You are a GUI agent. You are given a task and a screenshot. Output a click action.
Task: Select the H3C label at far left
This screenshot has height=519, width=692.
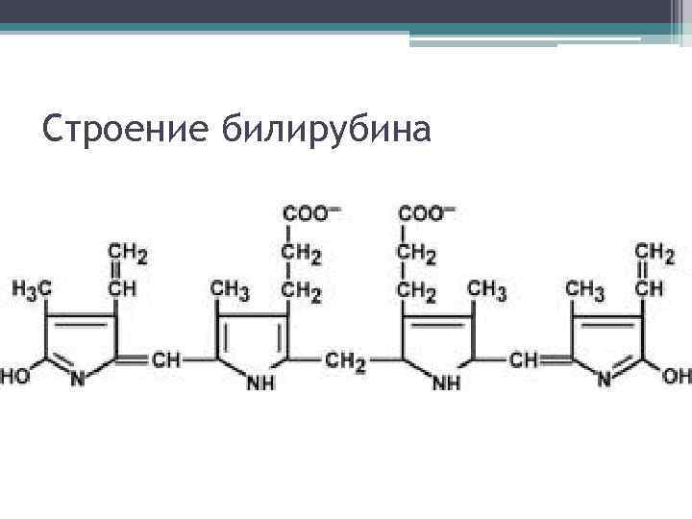tap(32, 288)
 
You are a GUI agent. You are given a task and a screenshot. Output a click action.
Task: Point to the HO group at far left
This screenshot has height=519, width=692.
tap(18, 378)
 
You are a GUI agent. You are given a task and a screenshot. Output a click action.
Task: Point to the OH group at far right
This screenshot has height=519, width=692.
tap(677, 376)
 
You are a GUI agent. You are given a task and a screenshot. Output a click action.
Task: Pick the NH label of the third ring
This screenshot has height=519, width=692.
tap(448, 383)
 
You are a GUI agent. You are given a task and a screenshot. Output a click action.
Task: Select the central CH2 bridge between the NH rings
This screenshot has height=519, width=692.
tap(345, 360)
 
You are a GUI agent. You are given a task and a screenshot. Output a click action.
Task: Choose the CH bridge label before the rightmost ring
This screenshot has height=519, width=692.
tap(526, 360)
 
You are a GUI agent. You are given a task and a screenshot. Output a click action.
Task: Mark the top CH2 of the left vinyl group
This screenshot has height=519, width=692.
tap(128, 254)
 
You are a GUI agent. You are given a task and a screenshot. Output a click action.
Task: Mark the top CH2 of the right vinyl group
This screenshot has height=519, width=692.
tap(655, 253)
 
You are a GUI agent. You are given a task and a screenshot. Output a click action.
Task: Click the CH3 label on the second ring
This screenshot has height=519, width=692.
tap(230, 288)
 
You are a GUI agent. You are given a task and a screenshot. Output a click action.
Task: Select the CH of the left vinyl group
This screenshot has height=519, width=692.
tap(122, 287)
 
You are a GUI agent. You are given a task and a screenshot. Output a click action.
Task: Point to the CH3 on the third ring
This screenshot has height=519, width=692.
tap(486, 288)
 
